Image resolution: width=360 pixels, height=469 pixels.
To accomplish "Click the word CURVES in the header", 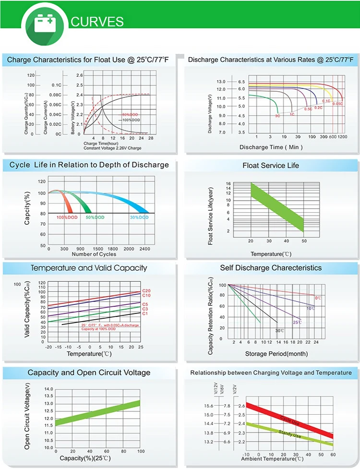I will (97, 22).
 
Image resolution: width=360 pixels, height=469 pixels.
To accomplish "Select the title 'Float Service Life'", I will (271, 166).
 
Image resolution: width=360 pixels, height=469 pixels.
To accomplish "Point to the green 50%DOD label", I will (95, 217).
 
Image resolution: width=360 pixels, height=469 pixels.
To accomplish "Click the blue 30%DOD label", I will (139, 217).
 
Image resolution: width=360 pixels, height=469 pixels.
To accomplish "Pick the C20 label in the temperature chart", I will (146, 291).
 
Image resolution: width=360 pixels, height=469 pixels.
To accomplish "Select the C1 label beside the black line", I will (145, 313).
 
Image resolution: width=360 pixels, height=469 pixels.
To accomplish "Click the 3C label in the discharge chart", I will (277, 116).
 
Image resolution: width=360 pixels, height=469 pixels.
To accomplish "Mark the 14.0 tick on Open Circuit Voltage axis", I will (48, 389).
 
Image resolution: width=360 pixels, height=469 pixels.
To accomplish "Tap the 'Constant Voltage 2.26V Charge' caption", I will (112, 148).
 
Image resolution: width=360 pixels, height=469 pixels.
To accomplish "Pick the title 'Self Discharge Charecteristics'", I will (271, 268).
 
